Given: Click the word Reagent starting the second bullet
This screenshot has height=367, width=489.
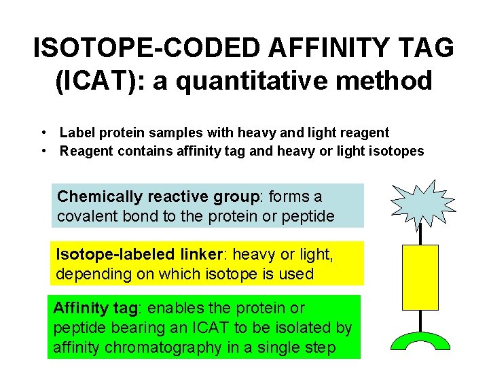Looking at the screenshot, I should pyautogui.click(x=87, y=151).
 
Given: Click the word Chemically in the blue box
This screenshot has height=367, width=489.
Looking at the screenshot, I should pyautogui.click(x=100, y=197).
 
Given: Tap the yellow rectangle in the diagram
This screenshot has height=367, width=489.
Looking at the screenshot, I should pyautogui.click(x=420, y=277).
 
